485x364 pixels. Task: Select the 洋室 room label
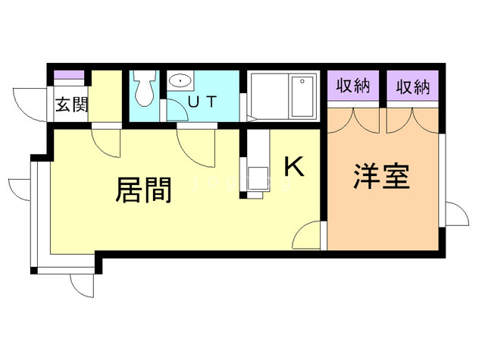tap(381, 176)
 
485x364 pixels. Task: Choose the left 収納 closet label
tap(352, 86)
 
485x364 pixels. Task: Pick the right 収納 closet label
tap(412, 86)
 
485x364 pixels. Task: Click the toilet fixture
tap(144, 90)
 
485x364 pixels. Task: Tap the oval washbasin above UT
tap(180, 80)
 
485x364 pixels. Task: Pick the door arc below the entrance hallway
tap(106, 141)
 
